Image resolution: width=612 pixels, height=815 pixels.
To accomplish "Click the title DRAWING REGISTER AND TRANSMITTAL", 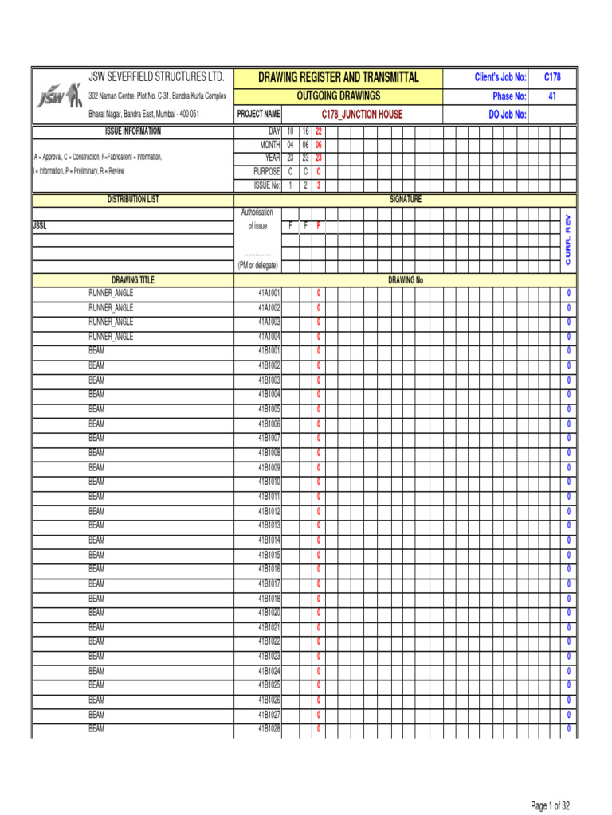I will pyautogui.click(x=350, y=77).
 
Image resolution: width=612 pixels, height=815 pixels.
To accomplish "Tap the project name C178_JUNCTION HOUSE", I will pyautogui.click(x=362, y=114).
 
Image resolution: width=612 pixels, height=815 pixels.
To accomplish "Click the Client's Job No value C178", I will pyautogui.click(x=552, y=77).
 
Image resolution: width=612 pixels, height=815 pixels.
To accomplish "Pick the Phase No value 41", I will pyautogui.click(x=552, y=96).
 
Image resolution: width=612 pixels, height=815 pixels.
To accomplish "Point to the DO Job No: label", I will pyautogui.click(x=508, y=114).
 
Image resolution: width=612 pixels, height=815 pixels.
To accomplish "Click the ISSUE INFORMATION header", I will pyautogui.click(x=133, y=131).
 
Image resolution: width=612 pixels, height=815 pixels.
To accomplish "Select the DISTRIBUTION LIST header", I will pyautogui.click(x=133, y=199).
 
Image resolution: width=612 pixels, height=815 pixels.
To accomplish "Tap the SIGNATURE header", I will pyautogui.click(x=405, y=199).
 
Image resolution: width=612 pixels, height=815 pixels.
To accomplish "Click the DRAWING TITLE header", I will pyautogui.click(x=133, y=280).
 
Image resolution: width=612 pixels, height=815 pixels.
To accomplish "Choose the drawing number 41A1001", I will pyautogui.click(x=269, y=293).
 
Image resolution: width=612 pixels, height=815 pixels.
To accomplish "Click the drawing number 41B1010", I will pyautogui.click(x=269, y=482).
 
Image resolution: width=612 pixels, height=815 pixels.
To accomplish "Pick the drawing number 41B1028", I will pyautogui.click(x=269, y=729).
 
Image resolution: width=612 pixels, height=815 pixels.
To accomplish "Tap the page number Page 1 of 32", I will pyautogui.click(x=550, y=805).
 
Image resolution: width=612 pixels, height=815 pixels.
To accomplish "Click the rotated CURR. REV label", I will pyautogui.click(x=568, y=239).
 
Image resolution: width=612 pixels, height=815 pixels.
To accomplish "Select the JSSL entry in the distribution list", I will pyautogui.click(x=40, y=225).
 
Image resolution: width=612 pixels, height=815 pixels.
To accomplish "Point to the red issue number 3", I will pyautogui.click(x=318, y=185).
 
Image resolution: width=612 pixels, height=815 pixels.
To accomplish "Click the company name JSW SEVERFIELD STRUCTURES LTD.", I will pyautogui.click(x=156, y=77).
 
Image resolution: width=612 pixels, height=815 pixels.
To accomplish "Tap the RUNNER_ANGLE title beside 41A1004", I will pyautogui.click(x=111, y=337).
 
